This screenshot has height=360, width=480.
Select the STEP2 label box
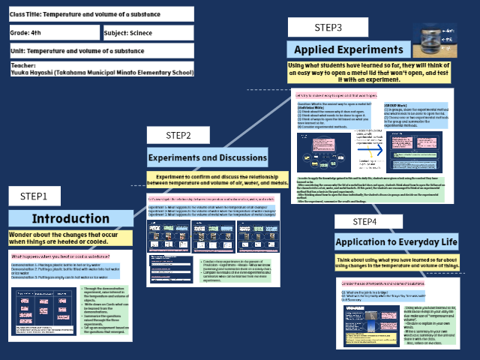[x=189, y=135]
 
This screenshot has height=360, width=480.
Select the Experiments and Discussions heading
[x=207, y=157]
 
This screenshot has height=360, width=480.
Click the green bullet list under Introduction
[x=118, y=307]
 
